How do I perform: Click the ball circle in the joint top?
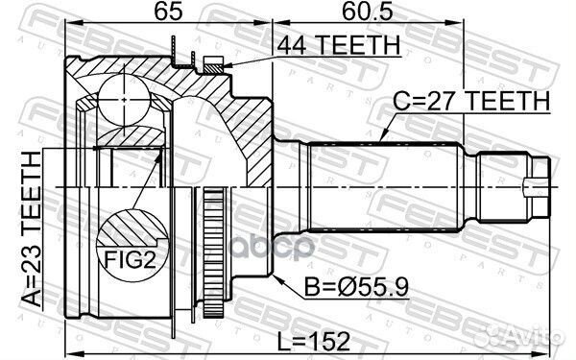pos(122,95)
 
